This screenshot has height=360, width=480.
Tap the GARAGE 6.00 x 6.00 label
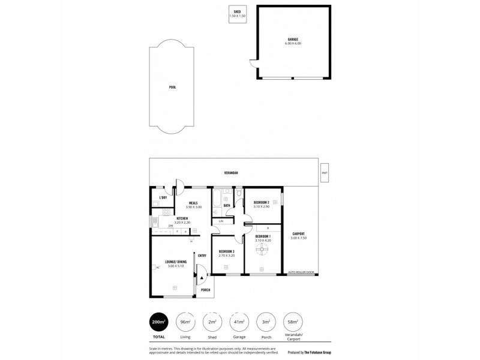tap(293, 41)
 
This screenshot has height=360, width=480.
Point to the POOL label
tap(172, 88)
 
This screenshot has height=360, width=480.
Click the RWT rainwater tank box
tap(325, 173)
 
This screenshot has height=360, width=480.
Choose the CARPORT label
tap(298, 235)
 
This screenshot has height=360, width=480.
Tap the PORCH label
tap(205, 289)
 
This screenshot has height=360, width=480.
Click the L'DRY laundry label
tap(162, 197)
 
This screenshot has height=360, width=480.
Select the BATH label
tap(227, 206)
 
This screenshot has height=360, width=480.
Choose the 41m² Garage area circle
tap(238, 322)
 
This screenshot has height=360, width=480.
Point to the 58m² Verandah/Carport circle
tap(292, 322)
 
